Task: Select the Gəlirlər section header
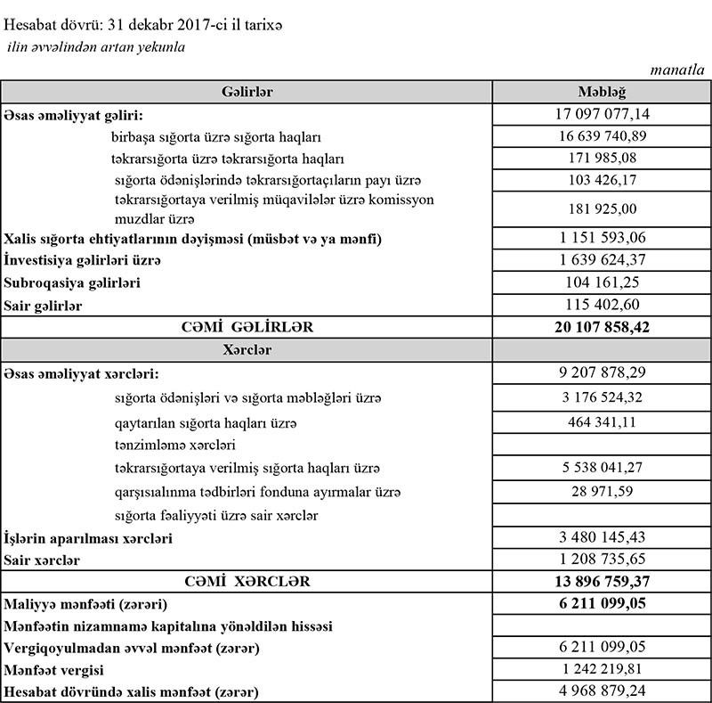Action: coord(246,93)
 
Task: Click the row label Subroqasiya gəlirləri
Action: coord(74,282)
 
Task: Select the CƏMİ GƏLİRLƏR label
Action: coord(247,328)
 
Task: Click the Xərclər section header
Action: coord(246,350)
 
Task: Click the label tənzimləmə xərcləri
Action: coord(175,444)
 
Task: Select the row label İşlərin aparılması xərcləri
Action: coord(88,538)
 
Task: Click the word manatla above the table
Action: coord(679,68)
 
